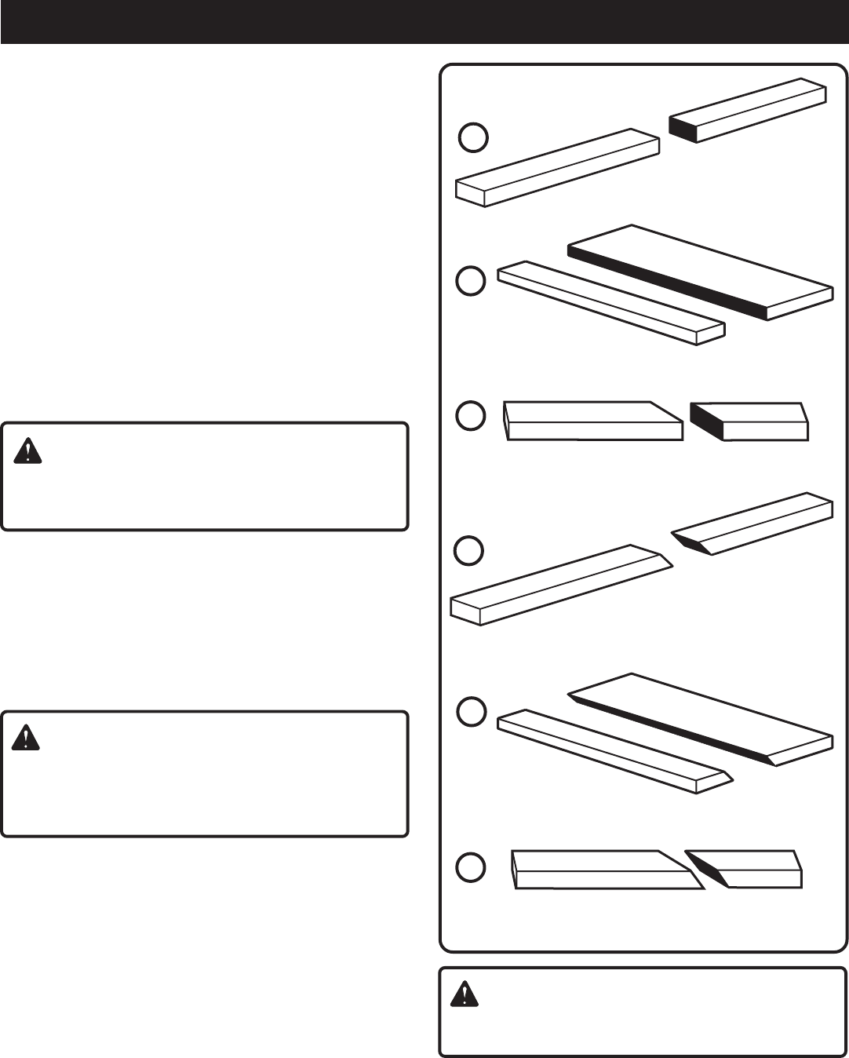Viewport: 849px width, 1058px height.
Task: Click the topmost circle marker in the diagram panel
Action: pyautogui.click(x=473, y=137)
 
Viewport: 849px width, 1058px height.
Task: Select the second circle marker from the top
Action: pyautogui.click(x=471, y=281)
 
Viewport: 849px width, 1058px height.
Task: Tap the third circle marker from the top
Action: pyautogui.click(x=471, y=416)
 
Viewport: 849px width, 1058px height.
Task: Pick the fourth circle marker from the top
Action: pyautogui.click(x=471, y=550)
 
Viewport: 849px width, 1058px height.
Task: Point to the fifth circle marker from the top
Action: pyautogui.click(x=472, y=712)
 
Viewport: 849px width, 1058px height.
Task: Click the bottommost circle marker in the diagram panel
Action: pyautogui.click(x=471, y=866)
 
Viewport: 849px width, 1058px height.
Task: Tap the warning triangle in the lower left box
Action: pyautogui.click(x=27, y=739)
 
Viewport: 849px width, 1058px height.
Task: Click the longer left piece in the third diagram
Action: pyautogui.click(x=592, y=421)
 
